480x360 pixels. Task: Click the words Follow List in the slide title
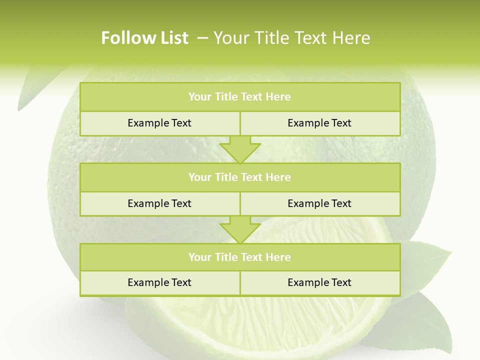pyautogui.click(x=144, y=38)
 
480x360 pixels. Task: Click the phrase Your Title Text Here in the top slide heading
pyautogui.click(x=291, y=38)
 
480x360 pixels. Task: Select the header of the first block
pyautogui.click(x=239, y=97)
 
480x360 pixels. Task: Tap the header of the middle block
pyautogui.click(x=239, y=177)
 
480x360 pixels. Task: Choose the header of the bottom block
pyautogui.click(x=239, y=257)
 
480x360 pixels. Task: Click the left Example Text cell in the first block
pyautogui.click(x=159, y=123)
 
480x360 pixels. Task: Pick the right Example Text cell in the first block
pyautogui.click(x=319, y=123)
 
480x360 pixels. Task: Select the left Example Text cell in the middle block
pyautogui.click(x=159, y=203)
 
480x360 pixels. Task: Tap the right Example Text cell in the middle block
pyautogui.click(x=319, y=203)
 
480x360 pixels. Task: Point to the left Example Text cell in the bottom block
pyautogui.click(x=159, y=282)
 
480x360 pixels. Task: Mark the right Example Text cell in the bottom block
pyautogui.click(x=319, y=282)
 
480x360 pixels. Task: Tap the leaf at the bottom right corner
pyautogui.click(x=425, y=325)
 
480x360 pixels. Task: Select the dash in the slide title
pyautogui.click(x=203, y=38)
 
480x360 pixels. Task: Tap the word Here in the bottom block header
pyautogui.click(x=278, y=257)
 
